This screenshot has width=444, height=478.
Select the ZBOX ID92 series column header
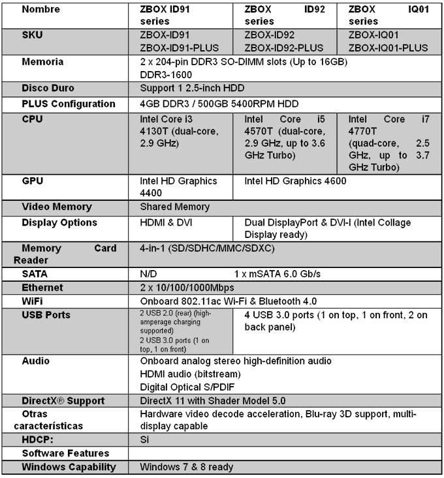(284, 16)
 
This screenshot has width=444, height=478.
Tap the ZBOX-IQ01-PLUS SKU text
(388, 48)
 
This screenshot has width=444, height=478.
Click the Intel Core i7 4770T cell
(388, 142)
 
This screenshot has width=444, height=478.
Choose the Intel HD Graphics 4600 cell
(295, 181)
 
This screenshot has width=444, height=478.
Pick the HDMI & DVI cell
(166, 222)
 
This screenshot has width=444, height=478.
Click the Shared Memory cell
(174, 207)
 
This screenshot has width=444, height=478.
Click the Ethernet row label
(42, 288)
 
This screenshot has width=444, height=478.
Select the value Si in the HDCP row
(145, 440)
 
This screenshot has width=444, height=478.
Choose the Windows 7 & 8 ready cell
(186, 467)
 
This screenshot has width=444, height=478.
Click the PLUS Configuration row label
(68, 104)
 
